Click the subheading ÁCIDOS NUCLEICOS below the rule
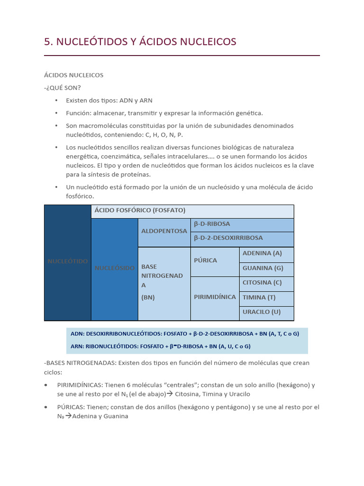tap(73, 75)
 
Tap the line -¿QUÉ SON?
tap(62, 87)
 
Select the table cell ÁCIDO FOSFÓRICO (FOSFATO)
tap(140, 210)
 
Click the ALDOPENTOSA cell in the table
tap(164, 231)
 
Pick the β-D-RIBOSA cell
tap(212, 224)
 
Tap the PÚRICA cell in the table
tap(205, 260)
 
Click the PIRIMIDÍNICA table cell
tap(215, 297)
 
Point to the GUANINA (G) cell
tap(263, 268)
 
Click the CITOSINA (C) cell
tap(262, 282)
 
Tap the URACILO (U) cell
tap(262, 312)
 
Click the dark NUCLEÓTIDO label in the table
tap(67, 262)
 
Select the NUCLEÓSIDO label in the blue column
tap(114, 268)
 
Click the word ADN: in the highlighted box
tap(77, 334)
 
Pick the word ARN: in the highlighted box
tap(77, 346)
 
